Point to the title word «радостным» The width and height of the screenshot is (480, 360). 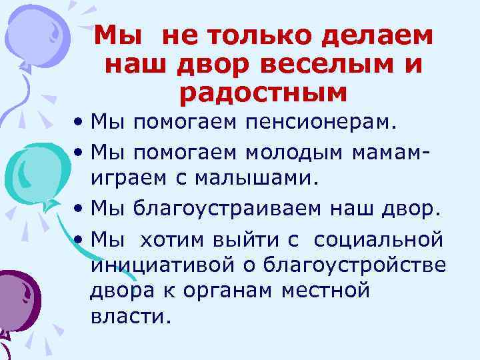click(x=263, y=93)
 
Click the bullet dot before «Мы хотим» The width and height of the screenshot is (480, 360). click(x=79, y=238)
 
